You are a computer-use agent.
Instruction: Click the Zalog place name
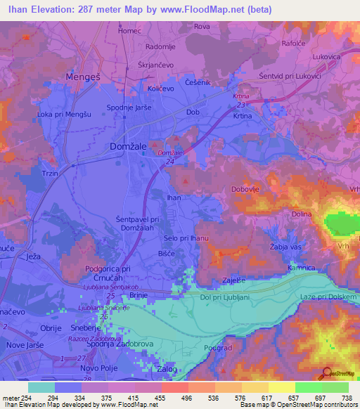point(166,369)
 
